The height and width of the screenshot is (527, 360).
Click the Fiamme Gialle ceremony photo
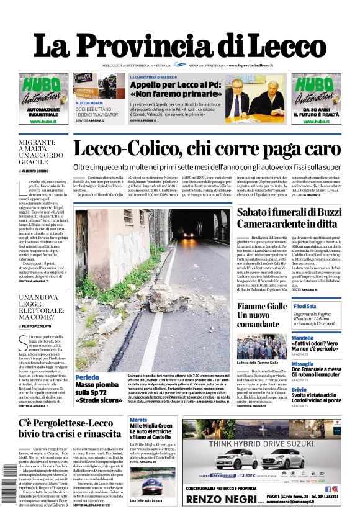261,346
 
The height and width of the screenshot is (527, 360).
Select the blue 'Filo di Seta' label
306,307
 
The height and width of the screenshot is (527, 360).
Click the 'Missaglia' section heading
303,364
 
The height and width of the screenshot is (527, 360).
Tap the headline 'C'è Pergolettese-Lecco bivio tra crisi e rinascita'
70,429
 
